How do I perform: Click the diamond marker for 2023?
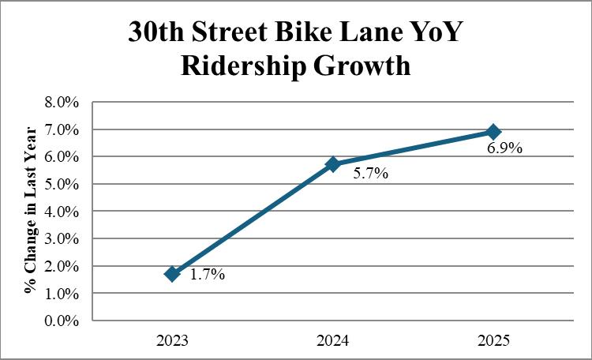tap(173, 274)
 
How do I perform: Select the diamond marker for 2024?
tap(333, 164)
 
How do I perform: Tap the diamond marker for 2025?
tap(493, 131)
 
